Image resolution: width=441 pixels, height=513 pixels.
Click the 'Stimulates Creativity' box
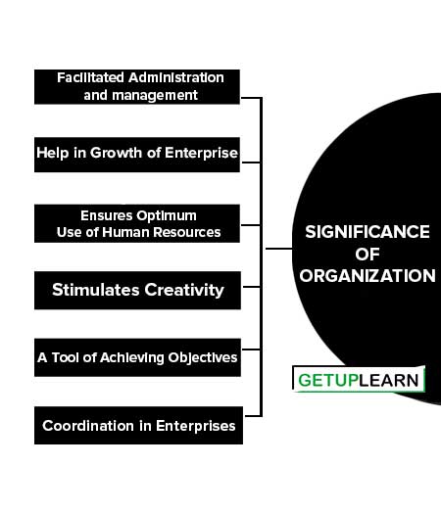137,290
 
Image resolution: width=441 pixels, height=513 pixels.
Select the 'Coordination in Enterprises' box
138,425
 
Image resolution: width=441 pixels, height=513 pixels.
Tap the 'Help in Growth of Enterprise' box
137,155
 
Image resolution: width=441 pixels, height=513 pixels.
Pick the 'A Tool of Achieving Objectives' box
137,357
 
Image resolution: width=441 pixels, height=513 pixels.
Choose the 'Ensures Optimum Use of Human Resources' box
137,223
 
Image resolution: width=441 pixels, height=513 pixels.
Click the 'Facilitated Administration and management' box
137,87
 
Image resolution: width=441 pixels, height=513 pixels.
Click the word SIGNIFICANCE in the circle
367,232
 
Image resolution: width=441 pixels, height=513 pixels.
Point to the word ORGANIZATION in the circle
367,276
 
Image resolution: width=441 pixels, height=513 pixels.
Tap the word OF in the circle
367,255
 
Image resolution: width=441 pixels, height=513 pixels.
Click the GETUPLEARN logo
359,379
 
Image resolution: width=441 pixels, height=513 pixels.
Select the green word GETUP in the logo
328,380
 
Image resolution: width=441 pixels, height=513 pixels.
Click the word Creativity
184,290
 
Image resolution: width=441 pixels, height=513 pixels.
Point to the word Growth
116,153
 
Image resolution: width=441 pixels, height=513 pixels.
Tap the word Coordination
88,426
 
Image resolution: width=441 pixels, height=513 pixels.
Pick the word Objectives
203,358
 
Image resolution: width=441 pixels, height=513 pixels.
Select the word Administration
176,78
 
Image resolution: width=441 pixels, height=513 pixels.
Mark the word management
155,96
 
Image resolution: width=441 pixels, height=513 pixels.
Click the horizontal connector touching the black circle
278,249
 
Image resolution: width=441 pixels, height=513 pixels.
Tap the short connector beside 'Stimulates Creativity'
252,287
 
